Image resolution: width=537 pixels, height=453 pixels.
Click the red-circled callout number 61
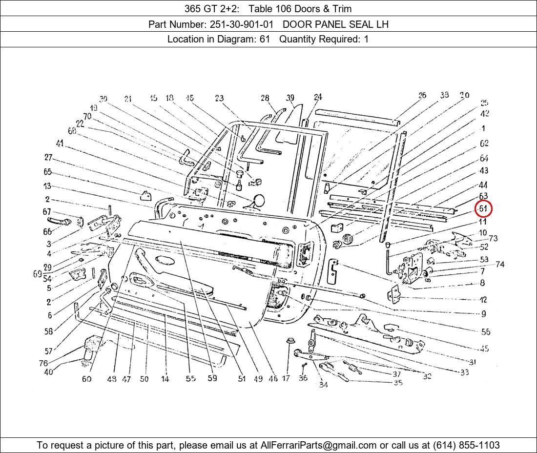click(x=483, y=209)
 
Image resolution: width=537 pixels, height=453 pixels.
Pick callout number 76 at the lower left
click(x=44, y=363)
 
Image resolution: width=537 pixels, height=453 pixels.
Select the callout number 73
click(x=493, y=238)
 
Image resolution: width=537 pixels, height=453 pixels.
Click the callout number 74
click(x=500, y=265)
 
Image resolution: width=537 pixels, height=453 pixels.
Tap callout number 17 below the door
click(x=286, y=378)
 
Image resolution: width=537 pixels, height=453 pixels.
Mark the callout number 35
click(x=398, y=383)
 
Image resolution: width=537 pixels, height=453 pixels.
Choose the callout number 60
click(x=86, y=379)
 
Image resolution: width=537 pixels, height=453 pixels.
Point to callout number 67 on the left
click(x=47, y=212)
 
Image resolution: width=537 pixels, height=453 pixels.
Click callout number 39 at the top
click(x=290, y=98)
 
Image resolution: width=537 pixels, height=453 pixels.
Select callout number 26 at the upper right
click(x=422, y=95)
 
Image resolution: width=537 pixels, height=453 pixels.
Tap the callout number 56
click(x=485, y=332)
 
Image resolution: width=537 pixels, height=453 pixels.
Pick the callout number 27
click(x=48, y=157)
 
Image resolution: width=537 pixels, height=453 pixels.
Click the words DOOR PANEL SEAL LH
click(x=335, y=24)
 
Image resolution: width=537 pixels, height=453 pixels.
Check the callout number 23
click(x=219, y=98)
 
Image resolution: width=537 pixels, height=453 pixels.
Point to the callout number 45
click(x=484, y=349)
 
